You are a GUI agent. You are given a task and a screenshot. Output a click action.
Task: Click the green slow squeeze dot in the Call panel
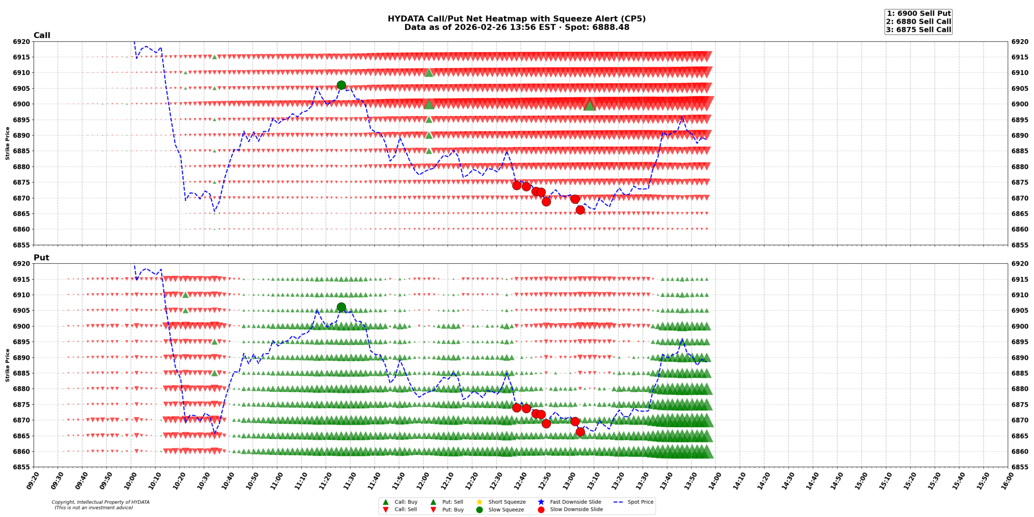coord(341,85)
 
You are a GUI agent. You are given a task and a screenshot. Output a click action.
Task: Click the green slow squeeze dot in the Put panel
coord(341,307)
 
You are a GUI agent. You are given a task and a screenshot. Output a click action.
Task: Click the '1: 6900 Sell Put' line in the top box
coord(918,13)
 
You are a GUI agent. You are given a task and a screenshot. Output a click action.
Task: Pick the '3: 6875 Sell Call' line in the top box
coord(918,29)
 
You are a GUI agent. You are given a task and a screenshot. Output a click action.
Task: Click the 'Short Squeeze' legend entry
coord(506,502)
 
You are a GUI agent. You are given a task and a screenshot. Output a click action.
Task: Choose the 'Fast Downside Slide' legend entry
coord(575,502)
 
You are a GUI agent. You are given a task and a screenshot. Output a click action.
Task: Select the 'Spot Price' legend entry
coord(640,502)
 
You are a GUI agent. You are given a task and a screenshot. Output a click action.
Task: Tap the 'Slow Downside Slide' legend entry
coord(576,509)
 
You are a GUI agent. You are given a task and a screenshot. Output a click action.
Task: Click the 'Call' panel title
coord(42,35)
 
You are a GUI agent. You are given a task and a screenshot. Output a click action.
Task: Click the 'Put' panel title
coord(41,257)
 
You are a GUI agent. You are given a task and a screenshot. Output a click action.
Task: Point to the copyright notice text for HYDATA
coord(100,504)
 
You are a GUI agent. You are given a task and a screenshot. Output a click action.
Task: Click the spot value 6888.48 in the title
coord(613,27)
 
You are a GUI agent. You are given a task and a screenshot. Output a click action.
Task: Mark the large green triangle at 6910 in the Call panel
coord(429,73)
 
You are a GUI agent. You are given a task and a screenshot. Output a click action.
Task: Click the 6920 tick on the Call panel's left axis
coord(21,42)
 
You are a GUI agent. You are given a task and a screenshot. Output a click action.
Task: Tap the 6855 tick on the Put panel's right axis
coord(1019,467)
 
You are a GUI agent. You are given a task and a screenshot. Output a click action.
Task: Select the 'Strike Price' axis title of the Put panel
coord(7,365)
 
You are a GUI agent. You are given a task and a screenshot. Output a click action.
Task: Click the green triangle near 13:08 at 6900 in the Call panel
coord(589,105)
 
